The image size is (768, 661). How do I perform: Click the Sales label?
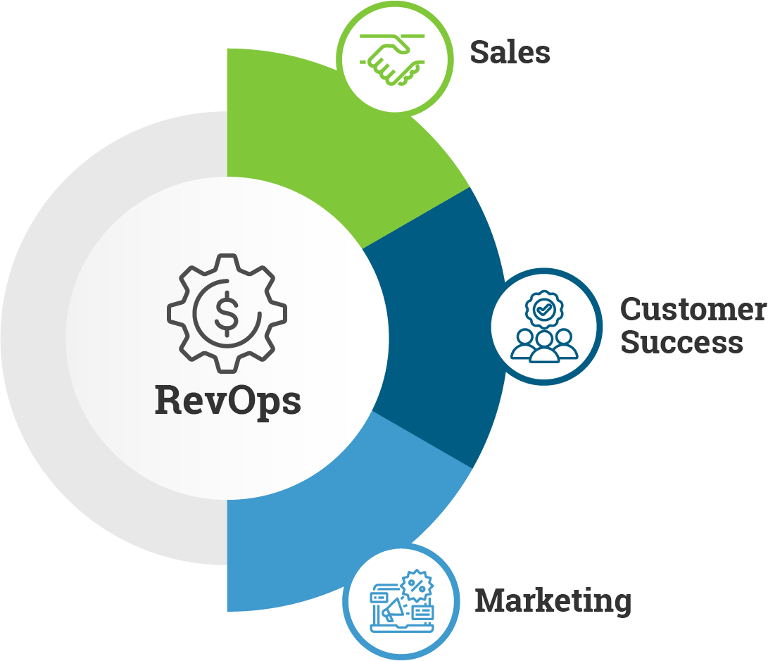[510, 52]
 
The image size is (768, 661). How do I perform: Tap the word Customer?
[693, 310]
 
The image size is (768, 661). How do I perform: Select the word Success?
[681, 343]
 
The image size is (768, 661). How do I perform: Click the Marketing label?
[553, 601]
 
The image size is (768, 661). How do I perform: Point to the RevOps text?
[227, 401]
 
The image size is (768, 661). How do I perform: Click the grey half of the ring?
[42, 338]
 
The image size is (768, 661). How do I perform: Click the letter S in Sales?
[480, 52]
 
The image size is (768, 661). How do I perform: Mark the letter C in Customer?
[631, 310]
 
